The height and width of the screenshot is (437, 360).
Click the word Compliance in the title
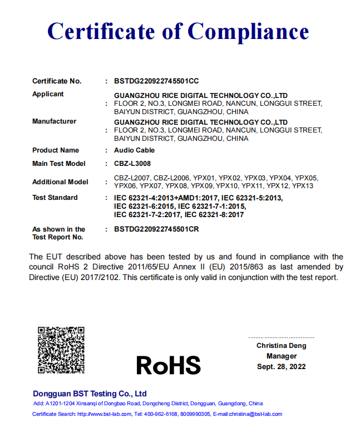click(248, 31)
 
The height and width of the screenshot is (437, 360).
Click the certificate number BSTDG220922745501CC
click(156, 81)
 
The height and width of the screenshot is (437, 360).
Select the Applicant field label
click(48, 94)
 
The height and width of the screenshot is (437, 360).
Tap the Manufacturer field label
click(54, 121)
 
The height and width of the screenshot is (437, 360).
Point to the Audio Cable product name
click(134, 150)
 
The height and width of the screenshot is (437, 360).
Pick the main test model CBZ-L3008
click(132, 164)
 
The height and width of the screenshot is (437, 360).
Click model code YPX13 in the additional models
click(303, 186)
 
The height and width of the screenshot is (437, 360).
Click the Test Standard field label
click(55, 198)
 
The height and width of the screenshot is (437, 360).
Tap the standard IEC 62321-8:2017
click(214, 214)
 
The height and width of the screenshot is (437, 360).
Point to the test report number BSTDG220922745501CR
click(156, 229)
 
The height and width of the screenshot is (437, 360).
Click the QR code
click(61, 350)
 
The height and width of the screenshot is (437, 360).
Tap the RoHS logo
click(168, 365)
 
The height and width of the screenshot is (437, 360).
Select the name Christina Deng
click(281, 346)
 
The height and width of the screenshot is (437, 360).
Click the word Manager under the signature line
click(281, 356)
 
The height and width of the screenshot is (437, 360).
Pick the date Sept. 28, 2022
click(281, 367)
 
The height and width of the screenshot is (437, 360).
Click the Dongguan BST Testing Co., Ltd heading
click(90, 393)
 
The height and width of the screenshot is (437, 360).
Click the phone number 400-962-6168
click(161, 414)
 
